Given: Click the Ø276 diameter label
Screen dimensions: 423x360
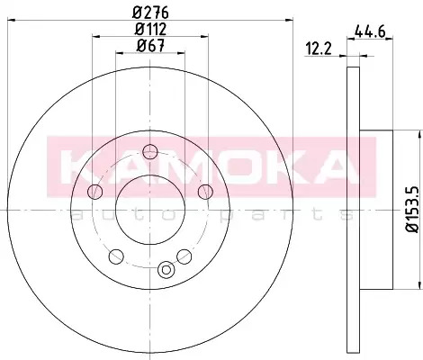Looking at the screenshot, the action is tap(150, 13).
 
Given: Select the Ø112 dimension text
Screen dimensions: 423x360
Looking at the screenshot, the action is tap(150, 29).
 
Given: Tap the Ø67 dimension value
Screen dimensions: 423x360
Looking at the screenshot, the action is tap(150, 46).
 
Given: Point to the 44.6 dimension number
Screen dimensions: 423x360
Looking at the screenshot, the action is tap(370, 31).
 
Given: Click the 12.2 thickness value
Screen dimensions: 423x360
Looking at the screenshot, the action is tap(319, 49).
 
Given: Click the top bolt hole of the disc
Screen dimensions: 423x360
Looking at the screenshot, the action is tap(150, 152).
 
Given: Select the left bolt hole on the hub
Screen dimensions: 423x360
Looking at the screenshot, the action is tap(95, 192).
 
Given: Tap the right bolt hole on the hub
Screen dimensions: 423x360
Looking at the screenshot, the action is tap(205, 192).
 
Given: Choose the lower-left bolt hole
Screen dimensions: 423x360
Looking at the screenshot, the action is tap(116, 256).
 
